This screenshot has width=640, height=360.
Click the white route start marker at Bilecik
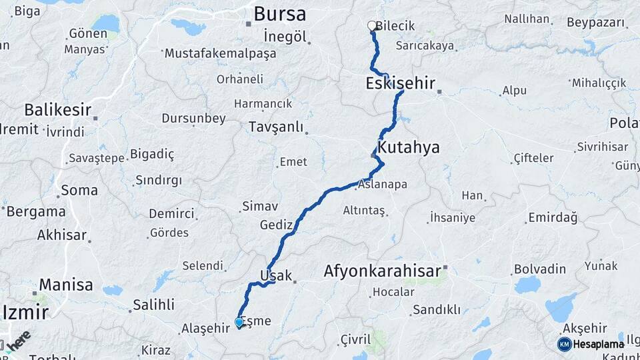(372, 26)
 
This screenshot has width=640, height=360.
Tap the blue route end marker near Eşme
(239, 323)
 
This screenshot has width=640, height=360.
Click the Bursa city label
(280, 13)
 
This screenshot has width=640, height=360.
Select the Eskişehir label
(400, 83)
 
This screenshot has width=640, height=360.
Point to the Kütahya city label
(408, 147)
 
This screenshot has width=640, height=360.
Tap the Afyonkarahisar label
(382, 271)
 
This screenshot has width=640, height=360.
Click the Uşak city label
(275, 275)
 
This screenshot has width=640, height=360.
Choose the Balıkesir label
(57, 110)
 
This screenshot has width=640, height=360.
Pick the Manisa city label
(66, 285)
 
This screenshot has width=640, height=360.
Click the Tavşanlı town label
(275, 127)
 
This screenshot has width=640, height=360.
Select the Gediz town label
(277, 225)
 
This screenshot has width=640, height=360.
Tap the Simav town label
(259, 207)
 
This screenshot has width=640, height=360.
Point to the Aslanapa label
(383, 185)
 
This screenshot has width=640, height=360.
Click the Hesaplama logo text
(598, 344)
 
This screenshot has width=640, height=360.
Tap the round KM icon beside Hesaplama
(564, 344)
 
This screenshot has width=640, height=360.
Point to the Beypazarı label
(596, 23)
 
